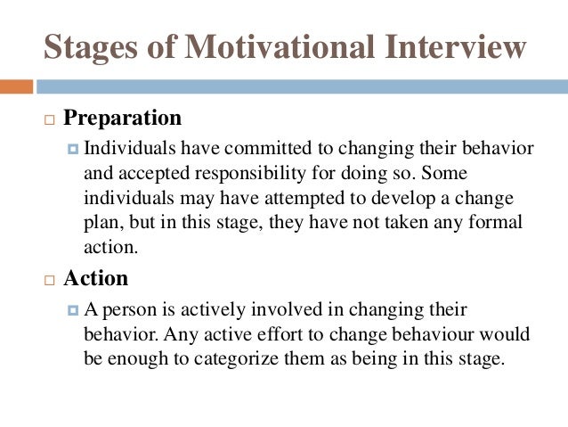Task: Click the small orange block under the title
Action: point(16,86)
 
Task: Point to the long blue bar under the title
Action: point(303,86)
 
